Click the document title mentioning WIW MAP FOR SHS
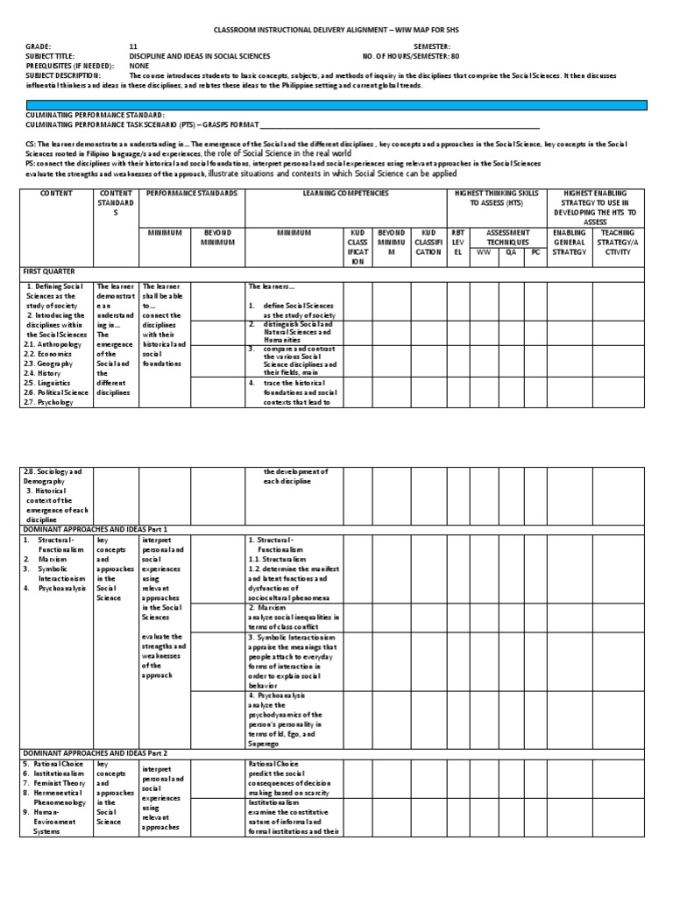336,30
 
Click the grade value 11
133,46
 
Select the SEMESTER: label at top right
431,46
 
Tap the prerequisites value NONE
138,65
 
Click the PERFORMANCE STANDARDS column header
191,192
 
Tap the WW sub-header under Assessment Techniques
483,252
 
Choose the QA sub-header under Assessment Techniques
512,252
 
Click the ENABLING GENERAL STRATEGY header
570,243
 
